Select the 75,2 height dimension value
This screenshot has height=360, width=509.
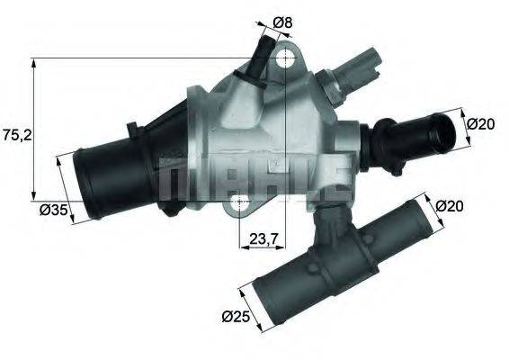[x=16, y=135]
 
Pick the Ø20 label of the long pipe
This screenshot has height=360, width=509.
[x=449, y=206]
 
